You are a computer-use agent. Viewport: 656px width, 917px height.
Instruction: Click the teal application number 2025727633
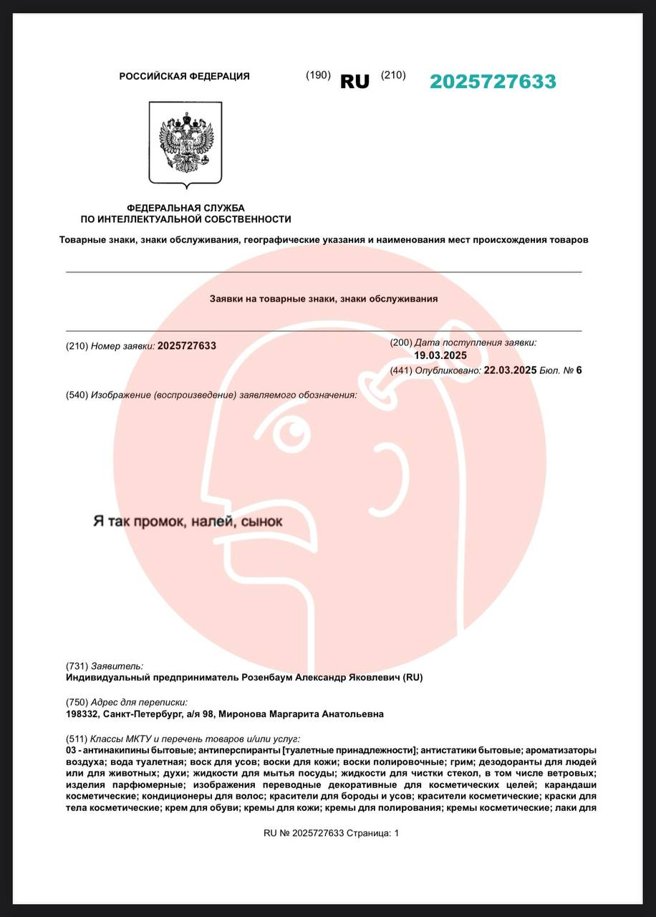(x=493, y=82)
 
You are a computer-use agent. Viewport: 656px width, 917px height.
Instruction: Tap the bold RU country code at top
(x=354, y=82)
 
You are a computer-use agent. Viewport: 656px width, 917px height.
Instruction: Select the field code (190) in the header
(x=318, y=75)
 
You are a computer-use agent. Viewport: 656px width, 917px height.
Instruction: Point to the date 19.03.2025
(x=440, y=355)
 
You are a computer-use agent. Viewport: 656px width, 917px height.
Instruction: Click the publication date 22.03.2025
(x=510, y=370)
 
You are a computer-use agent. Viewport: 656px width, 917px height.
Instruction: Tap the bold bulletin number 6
(x=579, y=370)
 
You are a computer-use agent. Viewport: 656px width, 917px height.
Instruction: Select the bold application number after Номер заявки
(x=186, y=346)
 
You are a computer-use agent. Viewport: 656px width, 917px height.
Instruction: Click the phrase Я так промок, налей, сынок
(x=188, y=521)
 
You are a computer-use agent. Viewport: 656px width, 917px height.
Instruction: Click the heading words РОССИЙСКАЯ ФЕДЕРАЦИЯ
(x=184, y=76)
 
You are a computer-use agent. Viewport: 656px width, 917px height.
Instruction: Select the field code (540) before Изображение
(x=77, y=395)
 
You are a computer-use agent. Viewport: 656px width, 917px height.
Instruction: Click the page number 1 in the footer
(x=396, y=833)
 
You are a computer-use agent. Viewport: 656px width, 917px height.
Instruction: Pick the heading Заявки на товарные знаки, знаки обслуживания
(x=323, y=299)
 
